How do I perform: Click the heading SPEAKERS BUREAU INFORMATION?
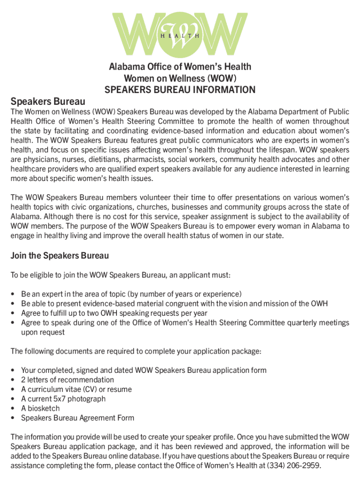point(180,90)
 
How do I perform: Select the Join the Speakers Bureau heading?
point(59,255)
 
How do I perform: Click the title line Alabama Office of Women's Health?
point(180,67)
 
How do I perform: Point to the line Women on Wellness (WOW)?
point(180,78)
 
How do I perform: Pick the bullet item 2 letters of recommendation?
point(67,380)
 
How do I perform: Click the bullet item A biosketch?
point(40,408)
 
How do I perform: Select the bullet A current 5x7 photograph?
point(63,399)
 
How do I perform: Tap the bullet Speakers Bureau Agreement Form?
point(78,418)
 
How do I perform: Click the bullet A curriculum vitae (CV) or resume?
point(76,389)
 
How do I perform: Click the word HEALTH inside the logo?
point(180,36)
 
